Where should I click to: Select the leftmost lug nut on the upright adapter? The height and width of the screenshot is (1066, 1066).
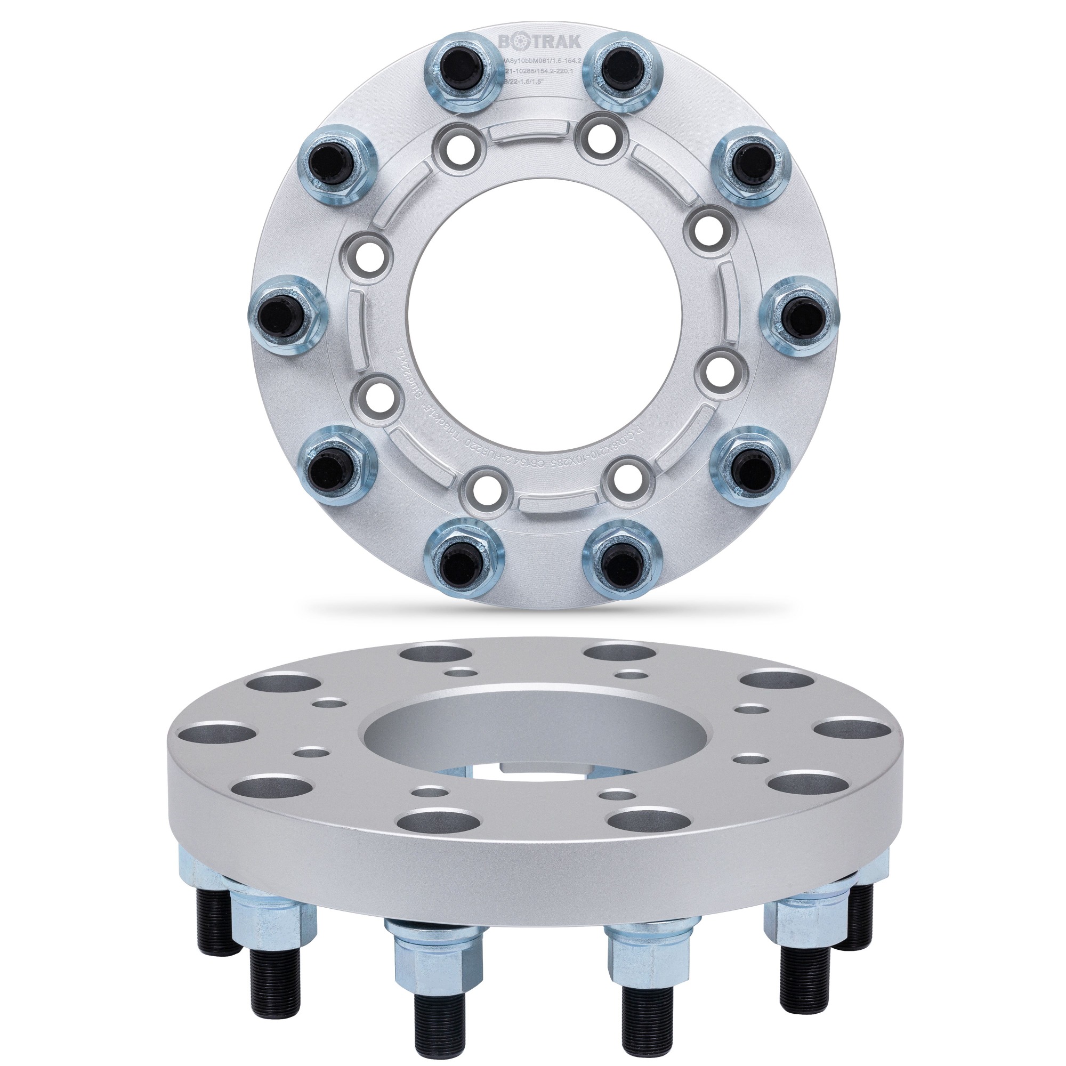(285, 311)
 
